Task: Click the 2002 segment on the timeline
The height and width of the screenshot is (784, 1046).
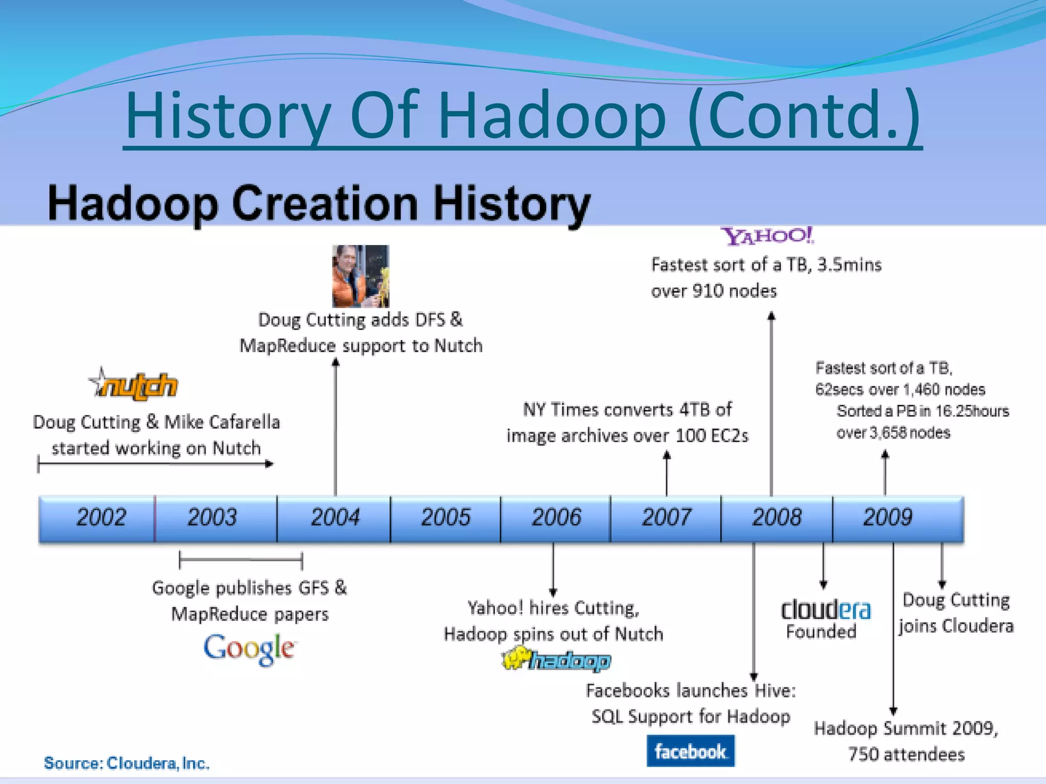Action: point(101,518)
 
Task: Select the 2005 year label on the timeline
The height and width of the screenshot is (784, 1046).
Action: point(445,518)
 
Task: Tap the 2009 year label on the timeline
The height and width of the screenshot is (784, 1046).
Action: point(887,518)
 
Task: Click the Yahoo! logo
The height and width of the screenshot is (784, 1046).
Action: point(767,236)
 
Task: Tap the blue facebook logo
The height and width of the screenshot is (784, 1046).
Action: point(690,751)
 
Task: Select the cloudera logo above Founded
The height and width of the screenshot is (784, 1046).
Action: point(825,610)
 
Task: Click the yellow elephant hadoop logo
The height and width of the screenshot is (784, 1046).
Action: point(556,660)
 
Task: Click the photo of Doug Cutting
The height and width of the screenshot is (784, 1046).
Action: point(360,276)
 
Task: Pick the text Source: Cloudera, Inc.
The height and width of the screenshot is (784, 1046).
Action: point(127,763)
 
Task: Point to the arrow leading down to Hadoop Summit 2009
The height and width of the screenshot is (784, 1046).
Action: point(893,628)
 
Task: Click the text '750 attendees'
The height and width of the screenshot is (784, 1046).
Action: point(906,754)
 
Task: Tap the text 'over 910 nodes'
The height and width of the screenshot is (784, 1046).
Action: point(714,291)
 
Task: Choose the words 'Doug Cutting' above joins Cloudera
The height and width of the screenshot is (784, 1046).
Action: point(956,600)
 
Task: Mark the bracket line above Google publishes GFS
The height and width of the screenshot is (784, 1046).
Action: point(241,560)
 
